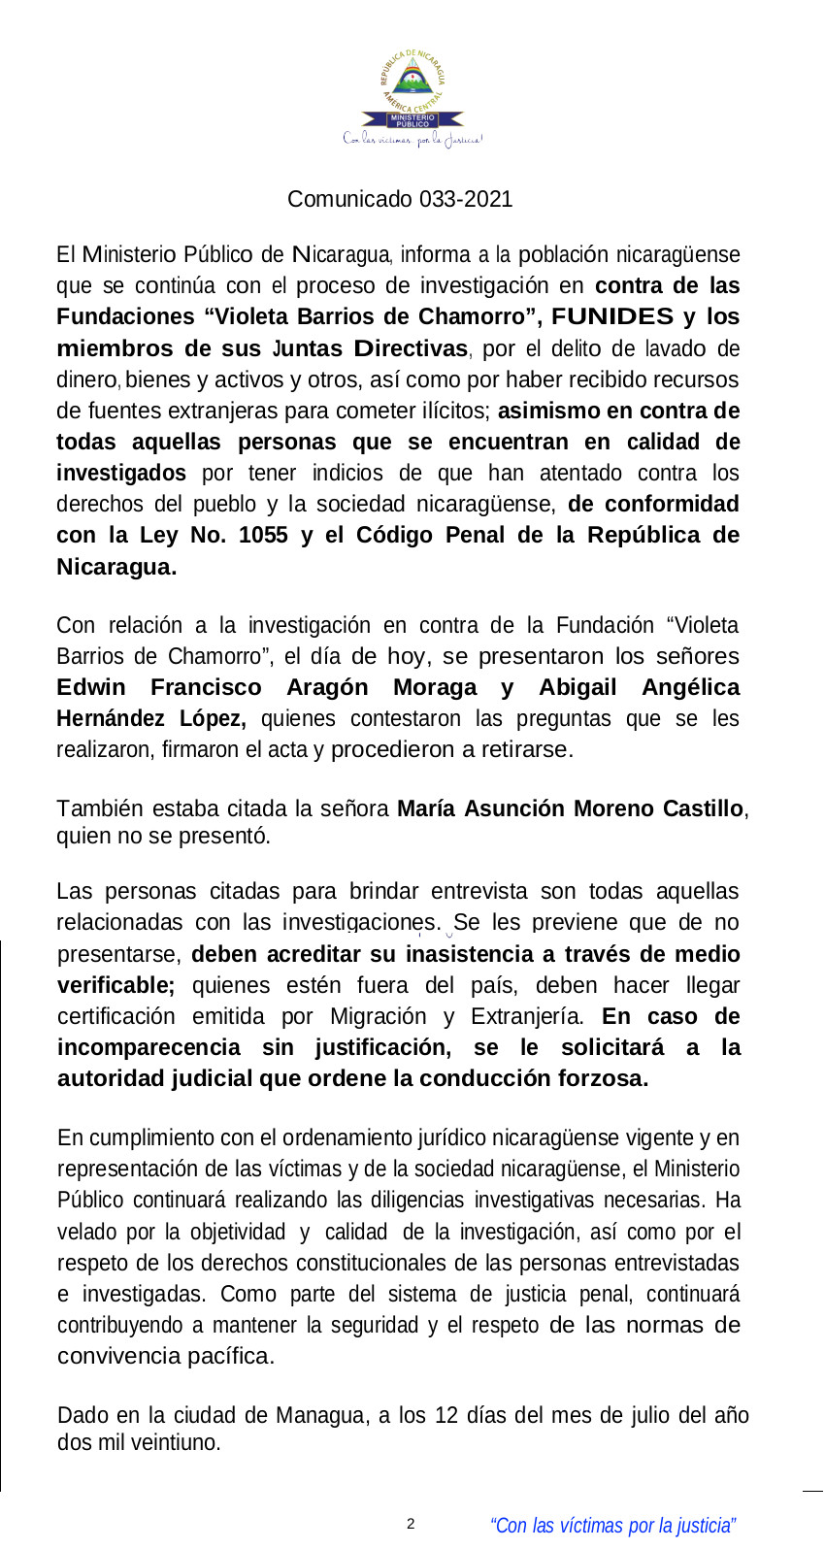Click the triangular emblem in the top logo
pyautogui.click(x=413, y=77)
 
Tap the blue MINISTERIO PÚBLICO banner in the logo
pyautogui.click(x=412, y=120)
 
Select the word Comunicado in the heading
pyautogui.click(x=349, y=199)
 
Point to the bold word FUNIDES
pyautogui.click(x=612, y=316)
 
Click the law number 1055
pyautogui.click(x=263, y=535)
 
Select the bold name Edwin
pyautogui.click(x=91, y=687)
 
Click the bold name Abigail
pyautogui.click(x=577, y=687)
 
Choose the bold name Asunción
pyautogui.click(x=512, y=808)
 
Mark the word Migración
pyautogui.click(x=378, y=1016)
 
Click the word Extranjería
pyautogui.click(x=527, y=1016)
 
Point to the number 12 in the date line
pyautogui.click(x=446, y=1415)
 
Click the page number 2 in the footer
pyautogui.click(x=411, y=1524)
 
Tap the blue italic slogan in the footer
pyautogui.click(x=613, y=1526)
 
